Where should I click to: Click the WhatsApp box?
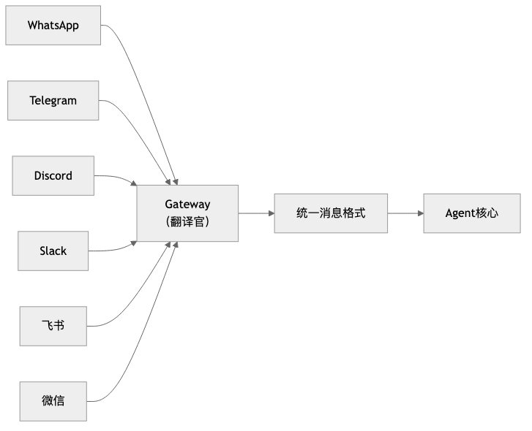click(x=53, y=26)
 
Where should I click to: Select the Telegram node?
click(x=53, y=100)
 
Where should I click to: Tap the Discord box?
click(x=53, y=175)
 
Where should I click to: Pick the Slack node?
click(x=53, y=251)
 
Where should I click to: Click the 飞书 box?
click(x=53, y=326)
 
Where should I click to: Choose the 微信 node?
click(x=53, y=400)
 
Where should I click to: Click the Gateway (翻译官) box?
click(x=187, y=213)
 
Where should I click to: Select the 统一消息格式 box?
click(x=331, y=213)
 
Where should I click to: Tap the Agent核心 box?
click(x=472, y=213)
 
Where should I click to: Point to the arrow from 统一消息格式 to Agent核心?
click(x=404, y=213)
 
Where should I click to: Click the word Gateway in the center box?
click(x=187, y=205)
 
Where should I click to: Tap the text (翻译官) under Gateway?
click(x=187, y=221)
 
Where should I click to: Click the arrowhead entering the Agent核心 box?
click(x=419, y=213)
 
